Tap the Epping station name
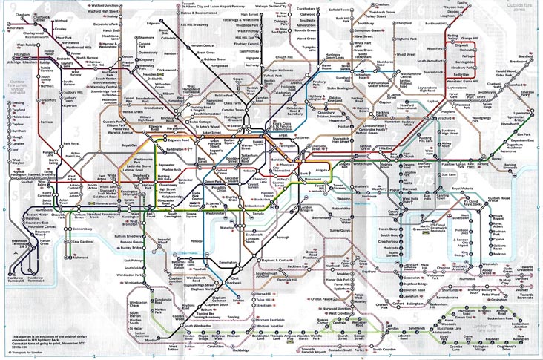464,4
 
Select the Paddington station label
176,149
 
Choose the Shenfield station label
525,56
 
